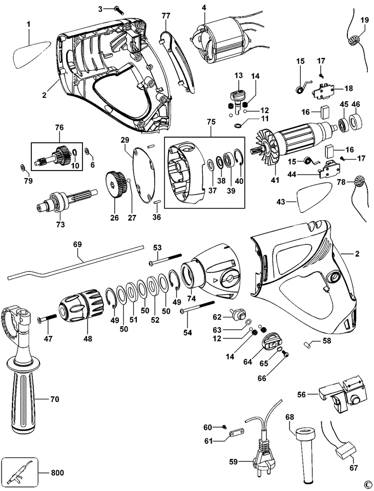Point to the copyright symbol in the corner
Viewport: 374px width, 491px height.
coord(367,484)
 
